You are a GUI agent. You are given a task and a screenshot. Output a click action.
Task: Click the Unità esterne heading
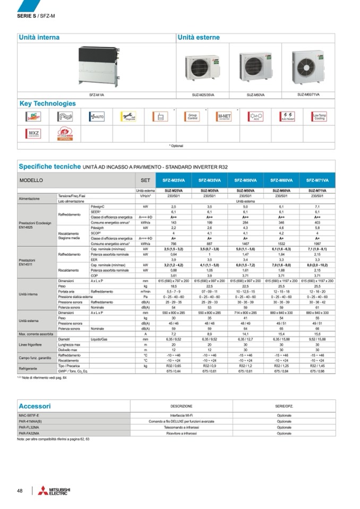(199, 38)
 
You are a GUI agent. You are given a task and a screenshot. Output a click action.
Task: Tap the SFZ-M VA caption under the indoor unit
(97, 94)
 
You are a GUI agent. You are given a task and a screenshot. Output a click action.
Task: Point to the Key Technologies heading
(48, 103)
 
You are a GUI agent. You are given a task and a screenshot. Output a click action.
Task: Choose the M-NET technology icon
(225, 116)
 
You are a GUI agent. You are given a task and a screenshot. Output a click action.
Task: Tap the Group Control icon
(192, 116)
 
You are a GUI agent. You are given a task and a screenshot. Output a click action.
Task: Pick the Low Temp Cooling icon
(320, 116)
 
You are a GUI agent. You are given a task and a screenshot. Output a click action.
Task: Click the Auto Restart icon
(288, 116)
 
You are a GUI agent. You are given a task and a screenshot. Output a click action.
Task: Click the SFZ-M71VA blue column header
(317, 180)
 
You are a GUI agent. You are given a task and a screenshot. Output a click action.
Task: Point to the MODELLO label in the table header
(31, 180)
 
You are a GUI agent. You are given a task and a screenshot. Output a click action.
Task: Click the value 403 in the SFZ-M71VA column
(317, 222)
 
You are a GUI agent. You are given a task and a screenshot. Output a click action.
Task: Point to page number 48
(20, 490)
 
